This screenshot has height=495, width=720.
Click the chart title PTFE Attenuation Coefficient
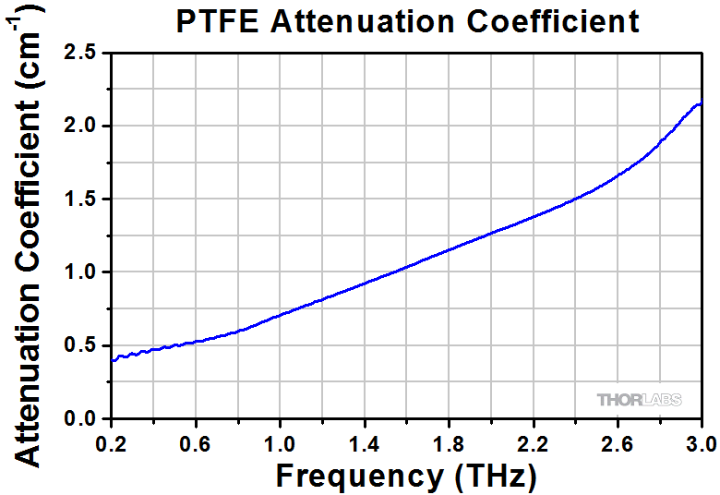click(x=407, y=21)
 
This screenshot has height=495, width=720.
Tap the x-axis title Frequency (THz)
click(x=405, y=476)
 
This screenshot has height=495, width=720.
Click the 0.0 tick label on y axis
click(x=84, y=418)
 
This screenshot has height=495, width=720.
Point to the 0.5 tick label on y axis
click(x=84, y=345)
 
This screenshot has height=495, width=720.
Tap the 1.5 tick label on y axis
click(x=84, y=199)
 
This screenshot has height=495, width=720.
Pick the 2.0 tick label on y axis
click(x=84, y=126)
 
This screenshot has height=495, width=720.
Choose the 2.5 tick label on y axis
click(x=84, y=53)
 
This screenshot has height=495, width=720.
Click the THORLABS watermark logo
click(x=639, y=400)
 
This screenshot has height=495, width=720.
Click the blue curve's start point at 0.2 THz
click(x=112, y=360)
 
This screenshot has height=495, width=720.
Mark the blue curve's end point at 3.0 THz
click(x=702, y=103)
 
